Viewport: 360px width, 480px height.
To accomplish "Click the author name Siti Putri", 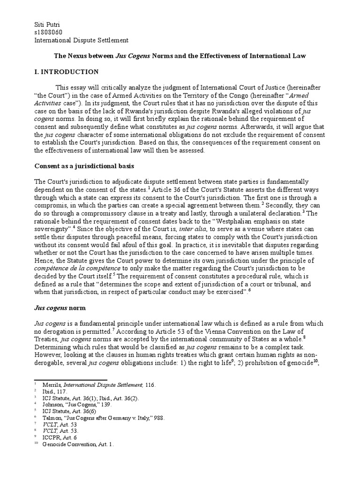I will click(48, 24).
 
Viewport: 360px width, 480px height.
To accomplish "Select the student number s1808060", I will click(49, 32).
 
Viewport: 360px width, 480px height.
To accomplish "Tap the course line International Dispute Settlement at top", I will click(82, 40).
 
